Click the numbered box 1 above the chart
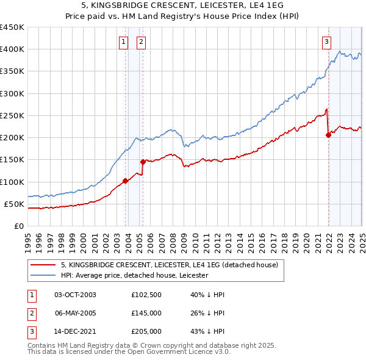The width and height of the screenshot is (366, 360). coord(124,42)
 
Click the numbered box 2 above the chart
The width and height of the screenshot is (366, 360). coord(141,42)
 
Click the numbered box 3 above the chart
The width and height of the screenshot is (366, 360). coord(326,42)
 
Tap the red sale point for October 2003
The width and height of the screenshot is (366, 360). coord(125,181)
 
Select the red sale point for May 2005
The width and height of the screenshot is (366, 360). coord(143,162)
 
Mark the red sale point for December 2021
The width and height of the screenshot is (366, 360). coord(328,135)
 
